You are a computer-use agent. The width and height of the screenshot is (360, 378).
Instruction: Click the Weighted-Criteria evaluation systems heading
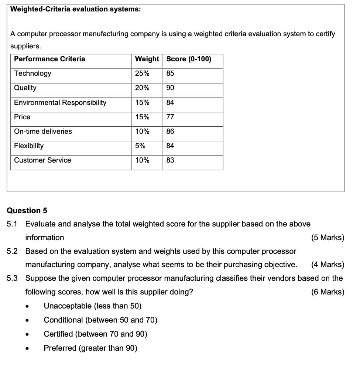pos(75,10)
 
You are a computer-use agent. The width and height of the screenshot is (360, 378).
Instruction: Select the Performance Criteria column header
pos(49,59)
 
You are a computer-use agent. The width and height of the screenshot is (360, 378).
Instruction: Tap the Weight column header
pos(147,59)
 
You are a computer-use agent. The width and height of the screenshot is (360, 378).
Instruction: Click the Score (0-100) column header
pos(189,59)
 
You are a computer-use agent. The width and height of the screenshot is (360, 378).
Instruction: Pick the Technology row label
pos(32,73)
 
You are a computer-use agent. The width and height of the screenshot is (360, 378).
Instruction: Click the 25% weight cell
pos(142,73)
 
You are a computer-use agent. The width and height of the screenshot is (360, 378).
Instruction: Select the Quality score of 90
pos(170,88)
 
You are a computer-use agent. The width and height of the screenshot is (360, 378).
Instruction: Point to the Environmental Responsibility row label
pos(60,102)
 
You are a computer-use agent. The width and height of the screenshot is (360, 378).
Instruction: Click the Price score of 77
pos(170,117)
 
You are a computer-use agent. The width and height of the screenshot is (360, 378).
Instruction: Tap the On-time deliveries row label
pos(43,131)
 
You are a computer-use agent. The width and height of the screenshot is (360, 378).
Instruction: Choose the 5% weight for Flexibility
pos(140,146)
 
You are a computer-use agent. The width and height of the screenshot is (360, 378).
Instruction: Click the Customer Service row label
pos(42,160)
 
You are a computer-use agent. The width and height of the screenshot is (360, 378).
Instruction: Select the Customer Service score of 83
pos(170,160)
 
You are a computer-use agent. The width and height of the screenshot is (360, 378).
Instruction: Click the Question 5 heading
pos(27,211)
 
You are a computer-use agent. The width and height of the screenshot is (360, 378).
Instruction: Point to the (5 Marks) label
pos(328,238)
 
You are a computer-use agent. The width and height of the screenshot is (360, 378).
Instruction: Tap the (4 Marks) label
pos(328,265)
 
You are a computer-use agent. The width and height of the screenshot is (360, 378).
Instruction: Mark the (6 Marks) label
pos(328,292)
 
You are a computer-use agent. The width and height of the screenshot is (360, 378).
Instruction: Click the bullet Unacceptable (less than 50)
pos(92,306)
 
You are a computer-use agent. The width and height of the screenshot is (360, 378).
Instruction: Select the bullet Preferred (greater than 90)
pos(90,348)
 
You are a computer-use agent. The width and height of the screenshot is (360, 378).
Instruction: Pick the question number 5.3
pos(12,278)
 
